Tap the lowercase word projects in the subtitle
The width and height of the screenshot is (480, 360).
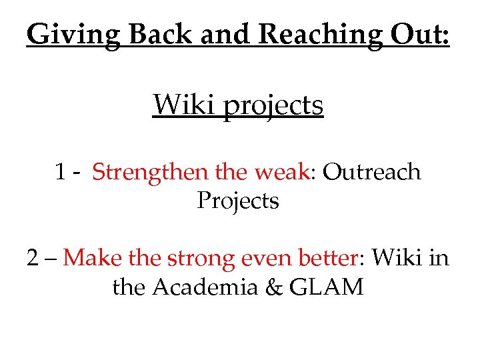click(273, 105)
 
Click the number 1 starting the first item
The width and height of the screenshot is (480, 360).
click(61, 172)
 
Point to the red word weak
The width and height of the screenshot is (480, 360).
click(282, 172)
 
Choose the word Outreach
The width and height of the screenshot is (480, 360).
click(372, 172)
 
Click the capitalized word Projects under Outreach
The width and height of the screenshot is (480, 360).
click(238, 201)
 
